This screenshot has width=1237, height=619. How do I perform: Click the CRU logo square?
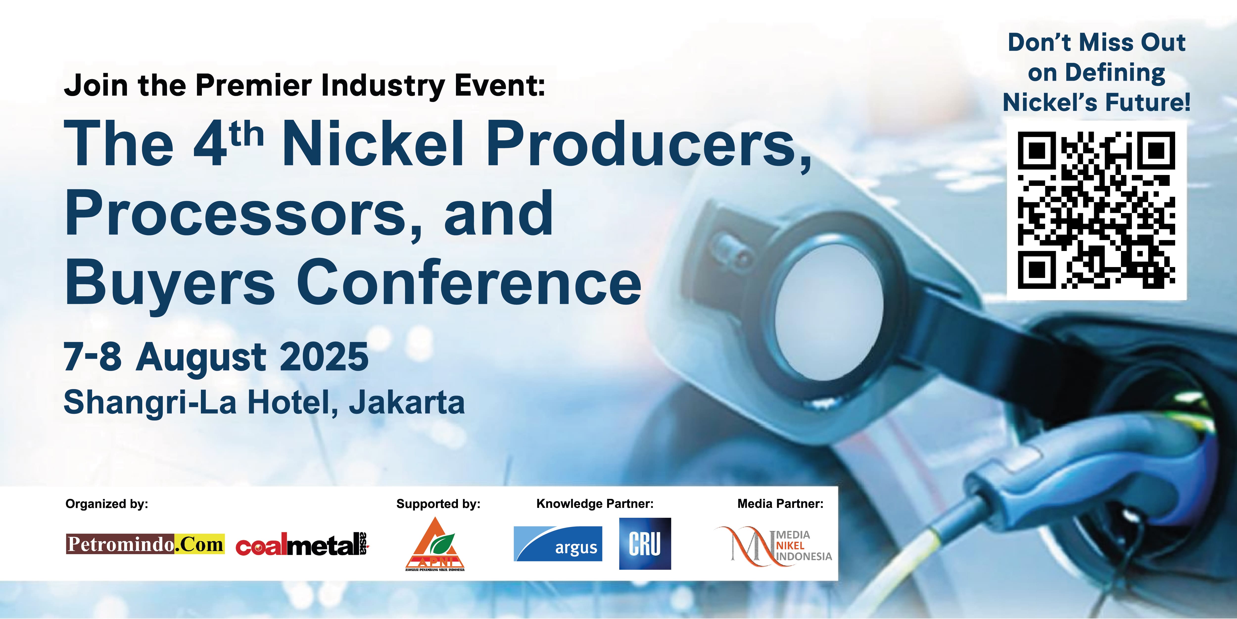coord(645,544)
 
